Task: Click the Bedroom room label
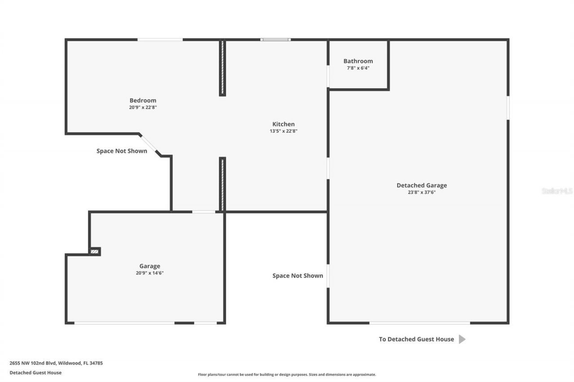coord(143,100)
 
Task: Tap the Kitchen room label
coord(283,124)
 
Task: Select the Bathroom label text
coord(358,61)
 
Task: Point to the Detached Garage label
coord(422,185)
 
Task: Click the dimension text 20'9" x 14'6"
coord(149,273)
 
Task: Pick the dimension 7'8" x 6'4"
coord(358,68)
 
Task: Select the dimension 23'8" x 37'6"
coord(422,193)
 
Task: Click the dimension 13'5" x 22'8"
coord(283,131)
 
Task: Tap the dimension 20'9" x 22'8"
coord(143,107)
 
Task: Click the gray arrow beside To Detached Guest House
coord(462,339)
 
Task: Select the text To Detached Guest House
coord(416,339)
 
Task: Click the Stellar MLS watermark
coord(557,191)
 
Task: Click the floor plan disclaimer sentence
coord(287,374)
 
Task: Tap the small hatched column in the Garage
coord(95,252)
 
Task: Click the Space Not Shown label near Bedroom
coord(122,151)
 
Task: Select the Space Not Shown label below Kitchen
coord(297,275)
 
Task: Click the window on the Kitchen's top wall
coord(275,40)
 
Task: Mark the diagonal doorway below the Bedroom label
coord(149,144)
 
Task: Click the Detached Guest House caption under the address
coord(35,373)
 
